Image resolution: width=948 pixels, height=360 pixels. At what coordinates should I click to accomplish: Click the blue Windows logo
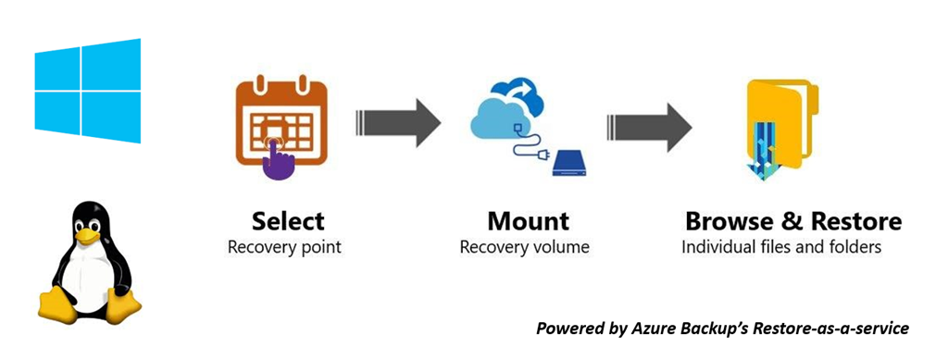(88, 91)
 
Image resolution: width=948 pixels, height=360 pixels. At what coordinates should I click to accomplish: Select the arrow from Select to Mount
(398, 121)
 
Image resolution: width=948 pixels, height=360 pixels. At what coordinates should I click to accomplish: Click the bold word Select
(288, 222)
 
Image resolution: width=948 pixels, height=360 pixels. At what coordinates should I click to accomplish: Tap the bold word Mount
(529, 222)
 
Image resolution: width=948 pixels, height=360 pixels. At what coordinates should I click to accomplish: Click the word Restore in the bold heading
(855, 222)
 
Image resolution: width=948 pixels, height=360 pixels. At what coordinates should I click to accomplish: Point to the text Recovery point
(284, 248)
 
